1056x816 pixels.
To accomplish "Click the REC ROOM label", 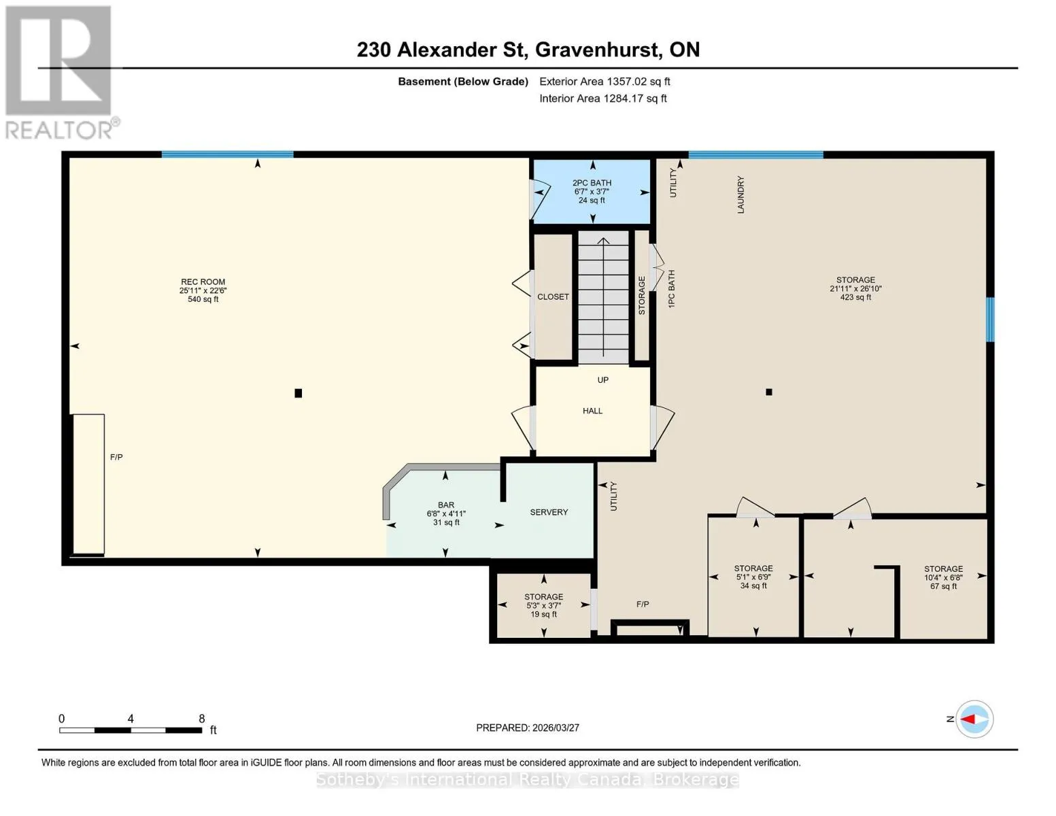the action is [203, 282].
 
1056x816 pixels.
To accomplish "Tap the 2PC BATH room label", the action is [592, 183].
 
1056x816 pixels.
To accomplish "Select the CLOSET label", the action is [553, 296].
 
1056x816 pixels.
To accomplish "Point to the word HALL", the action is [592, 411].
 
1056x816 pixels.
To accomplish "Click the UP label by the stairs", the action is [602, 379].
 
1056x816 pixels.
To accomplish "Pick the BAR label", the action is [445, 505].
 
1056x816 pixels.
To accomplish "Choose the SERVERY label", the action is [549, 512].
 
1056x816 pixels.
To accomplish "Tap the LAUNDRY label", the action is [740, 194].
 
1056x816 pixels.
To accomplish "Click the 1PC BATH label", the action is [671, 289].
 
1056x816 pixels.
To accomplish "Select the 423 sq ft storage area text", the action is [855, 297].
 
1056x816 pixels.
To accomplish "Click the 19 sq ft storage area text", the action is [543, 614].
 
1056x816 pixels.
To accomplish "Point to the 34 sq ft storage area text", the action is [753, 585].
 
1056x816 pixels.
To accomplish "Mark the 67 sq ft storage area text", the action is [943, 586].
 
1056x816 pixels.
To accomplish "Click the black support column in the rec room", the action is [299, 392].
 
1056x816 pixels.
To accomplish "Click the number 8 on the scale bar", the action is [202, 718].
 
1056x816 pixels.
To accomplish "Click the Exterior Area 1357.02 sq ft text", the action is [604, 82].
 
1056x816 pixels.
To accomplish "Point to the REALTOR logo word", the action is [59, 131].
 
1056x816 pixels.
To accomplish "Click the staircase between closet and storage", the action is [603, 297].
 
